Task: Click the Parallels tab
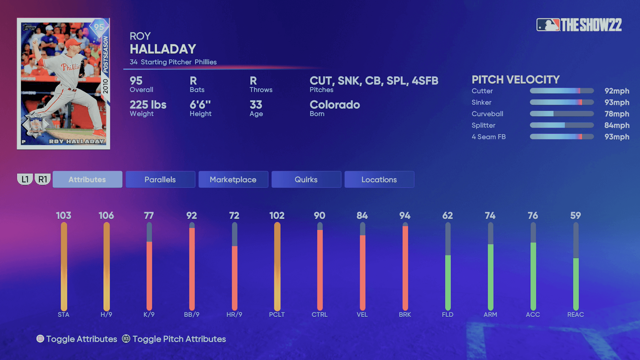pyautogui.click(x=160, y=179)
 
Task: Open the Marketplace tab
pyautogui.click(x=233, y=179)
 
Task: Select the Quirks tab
pyautogui.click(x=306, y=179)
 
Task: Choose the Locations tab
pyautogui.click(x=379, y=179)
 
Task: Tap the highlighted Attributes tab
pyautogui.click(x=87, y=179)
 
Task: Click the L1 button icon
pyautogui.click(x=25, y=179)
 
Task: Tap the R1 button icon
pyautogui.click(x=43, y=179)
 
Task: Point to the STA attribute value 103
pyautogui.click(x=64, y=216)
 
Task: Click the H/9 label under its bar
pyautogui.click(x=106, y=314)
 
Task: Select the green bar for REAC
pyautogui.click(x=576, y=283)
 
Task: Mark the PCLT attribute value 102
pyautogui.click(x=277, y=216)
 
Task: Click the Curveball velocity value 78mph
pyautogui.click(x=617, y=114)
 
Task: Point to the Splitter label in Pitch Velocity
pyautogui.click(x=483, y=125)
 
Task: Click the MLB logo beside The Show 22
pyautogui.click(x=548, y=25)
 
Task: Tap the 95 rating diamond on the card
pyautogui.click(x=99, y=27)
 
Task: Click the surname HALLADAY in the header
pyautogui.click(x=163, y=49)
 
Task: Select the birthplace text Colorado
pyautogui.click(x=335, y=105)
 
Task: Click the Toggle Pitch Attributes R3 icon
pyautogui.click(x=126, y=339)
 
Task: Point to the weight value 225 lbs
pyautogui.click(x=148, y=105)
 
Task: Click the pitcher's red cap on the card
pyautogui.click(x=73, y=43)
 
